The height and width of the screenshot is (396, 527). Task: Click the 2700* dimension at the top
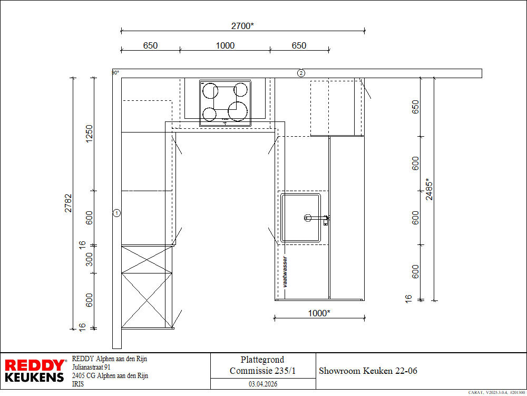click(242, 26)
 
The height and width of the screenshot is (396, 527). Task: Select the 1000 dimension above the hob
click(225, 45)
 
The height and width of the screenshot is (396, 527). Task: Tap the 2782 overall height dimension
click(68, 203)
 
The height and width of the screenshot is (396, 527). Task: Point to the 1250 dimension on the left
click(89, 134)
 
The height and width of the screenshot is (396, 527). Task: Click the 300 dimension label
click(89, 259)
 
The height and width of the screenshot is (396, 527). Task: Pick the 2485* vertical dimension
click(429, 189)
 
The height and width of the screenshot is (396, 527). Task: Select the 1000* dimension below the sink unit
click(319, 313)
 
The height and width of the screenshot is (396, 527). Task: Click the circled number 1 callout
click(116, 213)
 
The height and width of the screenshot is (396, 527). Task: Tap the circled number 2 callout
click(301, 73)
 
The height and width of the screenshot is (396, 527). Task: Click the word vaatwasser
click(285, 272)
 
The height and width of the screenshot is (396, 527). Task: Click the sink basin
click(301, 218)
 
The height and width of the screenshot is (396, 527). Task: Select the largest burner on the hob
click(238, 111)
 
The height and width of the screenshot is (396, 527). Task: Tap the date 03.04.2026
click(263, 384)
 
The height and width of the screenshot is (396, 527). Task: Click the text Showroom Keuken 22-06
click(368, 371)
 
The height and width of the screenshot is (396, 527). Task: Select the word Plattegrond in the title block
click(262, 360)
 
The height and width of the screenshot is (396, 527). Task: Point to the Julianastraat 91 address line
click(91, 367)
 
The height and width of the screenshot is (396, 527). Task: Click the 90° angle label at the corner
click(115, 73)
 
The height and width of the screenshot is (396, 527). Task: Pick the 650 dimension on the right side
click(415, 107)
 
